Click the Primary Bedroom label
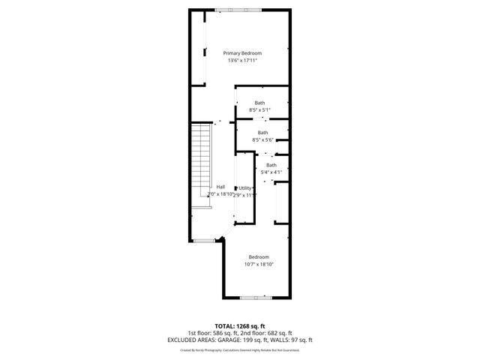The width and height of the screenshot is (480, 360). pyautogui.click(x=242, y=53)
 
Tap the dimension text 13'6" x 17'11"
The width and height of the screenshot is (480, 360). pyautogui.click(x=242, y=61)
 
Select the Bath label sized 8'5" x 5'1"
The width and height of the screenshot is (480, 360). pyautogui.click(x=259, y=103)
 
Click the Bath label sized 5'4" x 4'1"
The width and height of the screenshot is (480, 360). pyautogui.click(x=271, y=165)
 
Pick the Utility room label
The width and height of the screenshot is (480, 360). pyautogui.click(x=245, y=187)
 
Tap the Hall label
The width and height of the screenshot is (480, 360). pyautogui.click(x=220, y=187)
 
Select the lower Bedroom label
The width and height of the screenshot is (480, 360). pyautogui.click(x=259, y=257)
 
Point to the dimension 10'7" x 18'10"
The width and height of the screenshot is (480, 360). pyautogui.click(x=259, y=265)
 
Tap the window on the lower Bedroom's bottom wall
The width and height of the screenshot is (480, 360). pyautogui.click(x=256, y=298)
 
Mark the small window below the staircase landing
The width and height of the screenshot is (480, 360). pyautogui.click(x=203, y=240)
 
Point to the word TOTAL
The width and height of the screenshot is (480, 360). pyautogui.click(x=225, y=326)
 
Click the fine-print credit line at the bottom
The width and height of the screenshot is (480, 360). pyautogui.click(x=239, y=349)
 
